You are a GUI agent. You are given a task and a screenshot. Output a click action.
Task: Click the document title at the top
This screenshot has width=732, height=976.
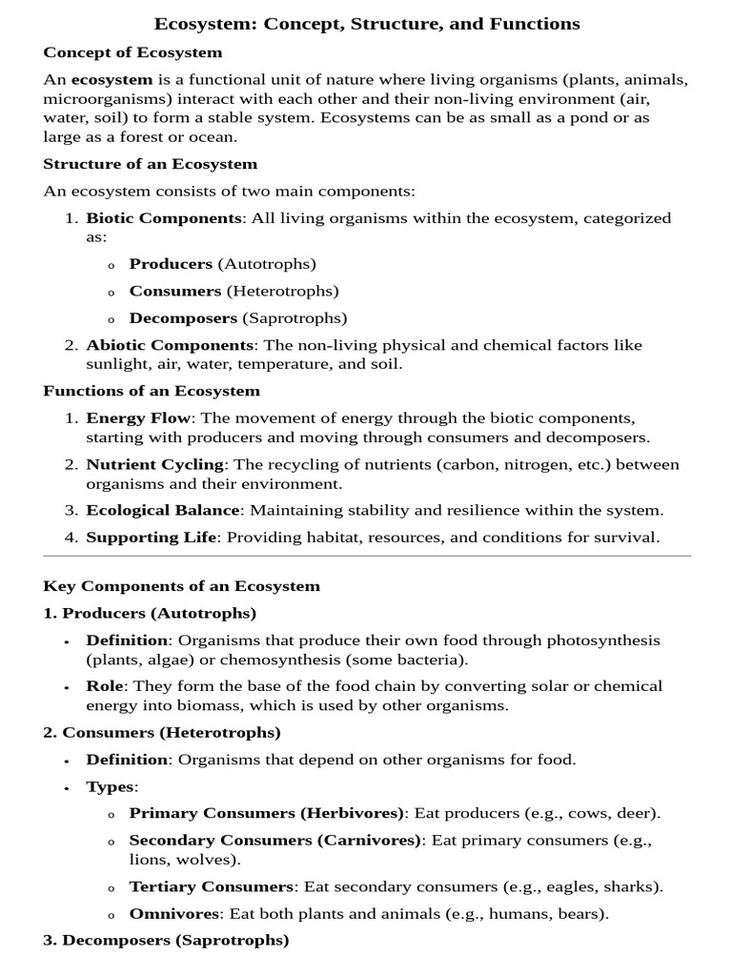[x=367, y=24]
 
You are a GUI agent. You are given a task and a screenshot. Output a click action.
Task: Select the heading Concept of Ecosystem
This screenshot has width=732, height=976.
[x=132, y=52]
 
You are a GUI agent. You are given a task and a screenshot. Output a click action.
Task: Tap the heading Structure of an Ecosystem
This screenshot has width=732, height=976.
[x=150, y=164]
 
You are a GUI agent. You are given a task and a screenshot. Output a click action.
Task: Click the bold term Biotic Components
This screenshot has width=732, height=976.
[x=164, y=218]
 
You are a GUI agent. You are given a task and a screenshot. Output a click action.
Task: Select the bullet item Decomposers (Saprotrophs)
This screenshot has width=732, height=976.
[x=237, y=318]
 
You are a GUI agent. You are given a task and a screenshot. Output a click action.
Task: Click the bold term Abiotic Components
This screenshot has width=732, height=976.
[x=170, y=345]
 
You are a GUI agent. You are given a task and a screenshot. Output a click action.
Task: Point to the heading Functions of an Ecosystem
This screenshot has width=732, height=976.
[x=152, y=391]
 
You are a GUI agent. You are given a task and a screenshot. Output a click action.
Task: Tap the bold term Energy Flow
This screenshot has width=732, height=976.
[x=139, y=418]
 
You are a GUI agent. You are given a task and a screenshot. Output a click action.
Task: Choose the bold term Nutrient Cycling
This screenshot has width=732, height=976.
[x=155, y=464]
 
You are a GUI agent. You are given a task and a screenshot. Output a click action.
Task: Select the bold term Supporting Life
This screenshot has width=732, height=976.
[x=152, y=537]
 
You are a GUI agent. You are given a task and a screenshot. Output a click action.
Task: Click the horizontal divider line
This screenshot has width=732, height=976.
[x=367, y=556]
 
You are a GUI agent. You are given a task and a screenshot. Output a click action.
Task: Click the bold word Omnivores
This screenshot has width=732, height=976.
[x=174, y=914]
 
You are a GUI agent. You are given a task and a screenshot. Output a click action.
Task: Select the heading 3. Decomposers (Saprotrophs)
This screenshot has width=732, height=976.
[x=166, y=941]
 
